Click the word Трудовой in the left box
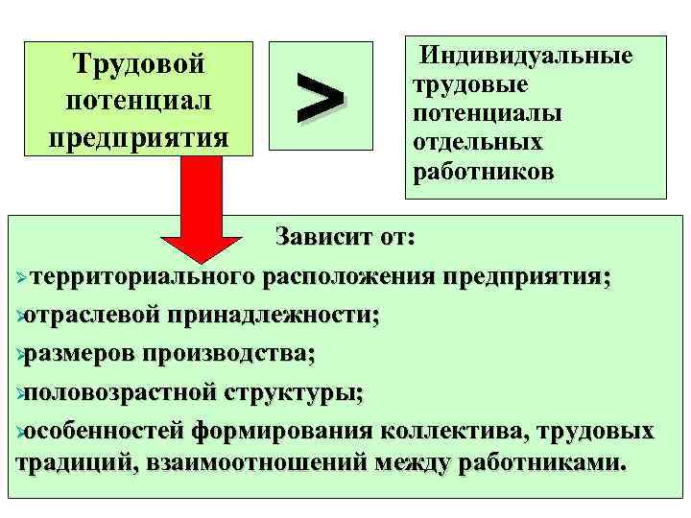tap(139, 65)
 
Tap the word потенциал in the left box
tap(139, 101)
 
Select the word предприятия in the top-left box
tap(139, 136)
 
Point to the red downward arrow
tap(201, 216)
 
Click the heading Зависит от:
tap(342, 236)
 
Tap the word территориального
tap(143, 277)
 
